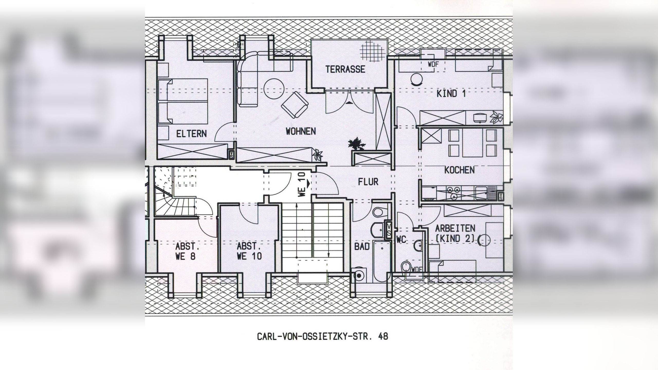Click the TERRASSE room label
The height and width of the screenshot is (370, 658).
coord(345,69)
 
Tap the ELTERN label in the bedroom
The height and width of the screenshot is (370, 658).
coord(191,134)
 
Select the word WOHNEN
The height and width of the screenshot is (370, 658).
coord(301,131)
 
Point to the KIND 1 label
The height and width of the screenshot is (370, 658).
coord(451,94)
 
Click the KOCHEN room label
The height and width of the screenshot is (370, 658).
coord(459,170)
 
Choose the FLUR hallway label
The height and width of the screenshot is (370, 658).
coord(368,182)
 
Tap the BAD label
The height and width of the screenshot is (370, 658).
coord(362,247)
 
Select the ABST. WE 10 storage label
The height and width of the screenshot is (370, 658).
coord(249,251)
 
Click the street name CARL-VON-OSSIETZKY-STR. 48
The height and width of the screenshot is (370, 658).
coord(322,337)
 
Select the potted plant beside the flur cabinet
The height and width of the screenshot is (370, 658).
coord(356,144)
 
